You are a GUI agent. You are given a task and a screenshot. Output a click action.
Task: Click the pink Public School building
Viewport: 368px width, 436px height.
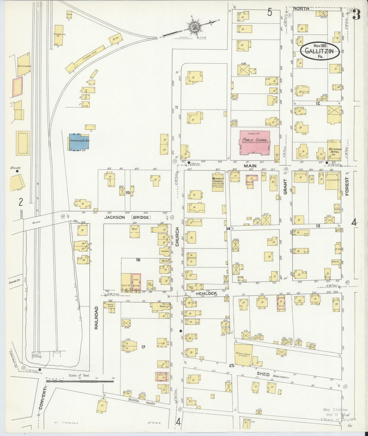pos(255,143)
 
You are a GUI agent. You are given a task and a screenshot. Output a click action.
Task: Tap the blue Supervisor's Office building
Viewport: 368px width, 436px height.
pos(79,141)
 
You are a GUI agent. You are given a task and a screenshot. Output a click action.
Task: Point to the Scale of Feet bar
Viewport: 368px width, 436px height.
pos(79,381)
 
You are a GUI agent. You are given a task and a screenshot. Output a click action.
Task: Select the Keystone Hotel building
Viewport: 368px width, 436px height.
pos(334,150)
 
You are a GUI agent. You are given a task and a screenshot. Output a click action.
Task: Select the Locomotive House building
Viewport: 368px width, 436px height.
pos(59,36)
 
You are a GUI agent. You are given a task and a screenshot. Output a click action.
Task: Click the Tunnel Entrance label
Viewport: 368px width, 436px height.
pos(35,356)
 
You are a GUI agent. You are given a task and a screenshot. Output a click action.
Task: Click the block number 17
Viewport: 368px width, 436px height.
pos(143,346)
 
